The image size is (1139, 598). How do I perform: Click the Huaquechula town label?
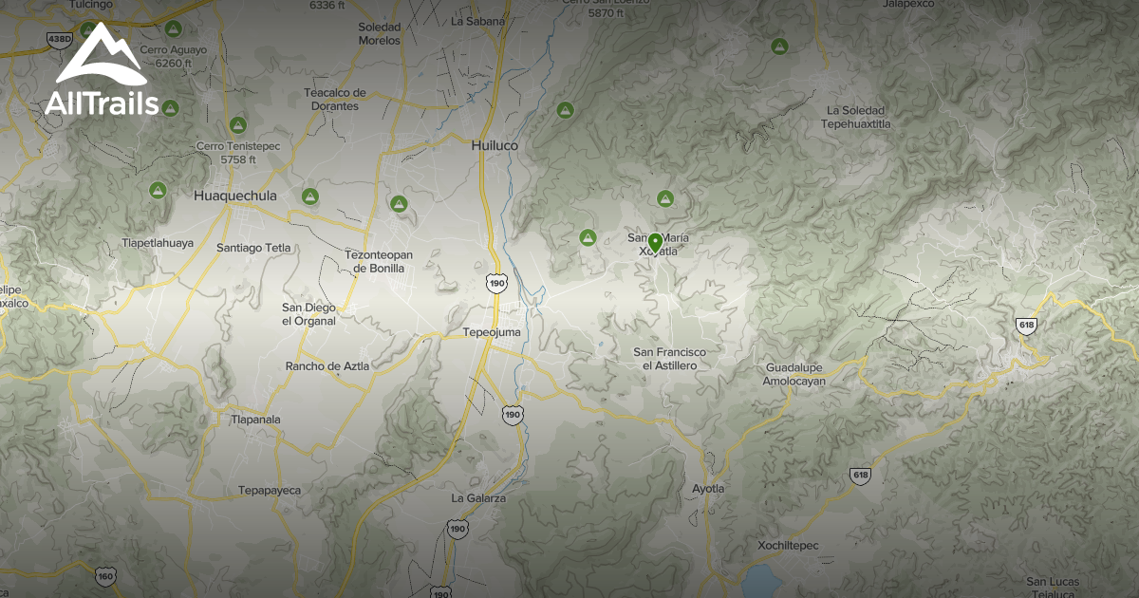pyautogui.click(x=234, y=196)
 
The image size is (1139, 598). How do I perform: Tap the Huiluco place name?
pyautogui.click(x=495, y=146)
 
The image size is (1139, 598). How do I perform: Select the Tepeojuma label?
pyautogui.click(x=491, y=332)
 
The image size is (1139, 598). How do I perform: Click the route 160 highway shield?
pyautogui.click(x=105, y=575)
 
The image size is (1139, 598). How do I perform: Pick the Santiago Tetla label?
pyautogui.click(x=252, y=248)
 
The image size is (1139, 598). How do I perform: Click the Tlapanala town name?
pyautogui.click(x=256, y=419)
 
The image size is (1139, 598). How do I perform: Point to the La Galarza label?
pyautogui.click(x=478, y=497)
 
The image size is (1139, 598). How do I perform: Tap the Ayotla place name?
pyautogui.click(x=708, y=489)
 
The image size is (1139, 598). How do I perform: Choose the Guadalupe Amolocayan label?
pyautogui.click(x=794, y=374)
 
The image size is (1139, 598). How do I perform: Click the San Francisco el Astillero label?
pyautogui.click(x=670, y=359)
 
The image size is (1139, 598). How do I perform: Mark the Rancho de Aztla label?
pyautogui.click(x=327, y=365)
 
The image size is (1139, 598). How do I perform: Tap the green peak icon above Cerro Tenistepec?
pyautogui.click(x=237, y=125)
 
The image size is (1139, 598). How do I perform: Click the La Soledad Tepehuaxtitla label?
pyautogui.click(x=856, y=117)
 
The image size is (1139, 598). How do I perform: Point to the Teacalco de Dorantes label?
pyautogui.click(x=334, y=100)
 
